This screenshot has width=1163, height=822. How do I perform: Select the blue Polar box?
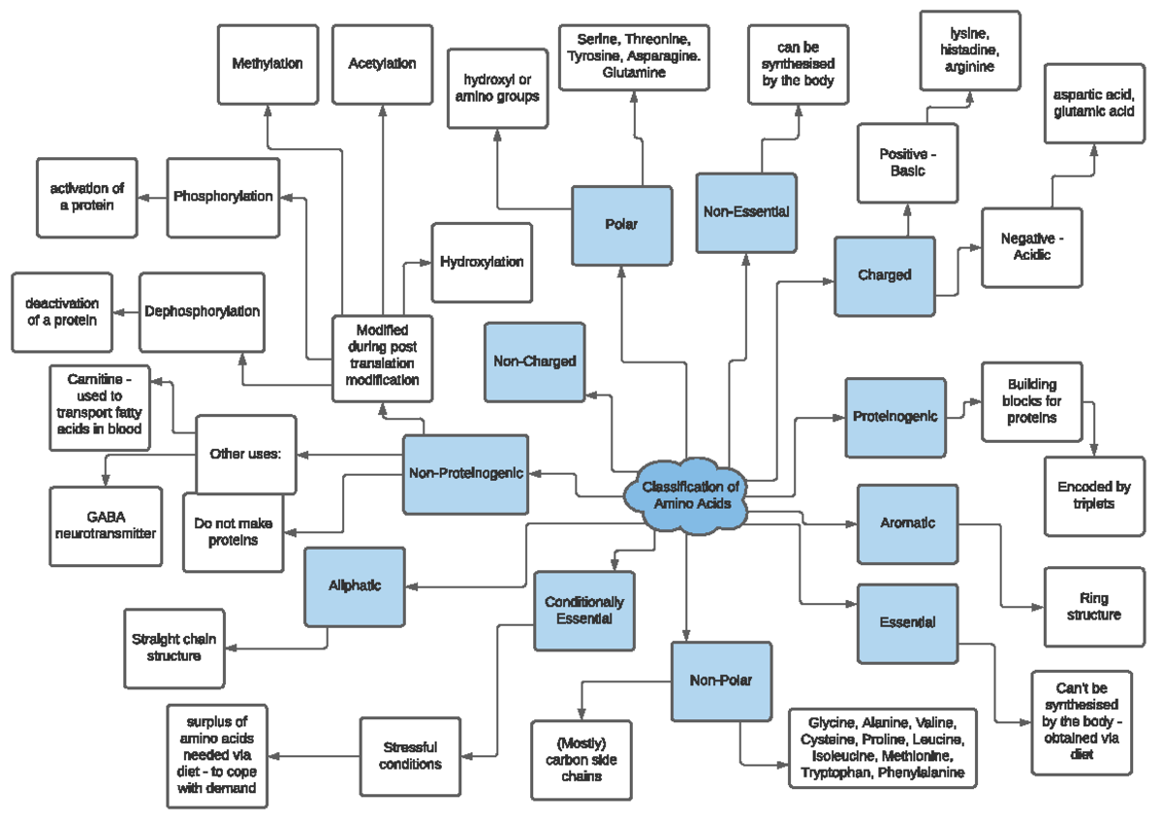621,225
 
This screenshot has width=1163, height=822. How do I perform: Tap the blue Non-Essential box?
746,211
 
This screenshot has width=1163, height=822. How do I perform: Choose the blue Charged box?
885,275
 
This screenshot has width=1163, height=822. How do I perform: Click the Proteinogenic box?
895,417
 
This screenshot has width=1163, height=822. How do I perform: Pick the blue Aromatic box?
907,523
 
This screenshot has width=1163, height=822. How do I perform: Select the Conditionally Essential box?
583,611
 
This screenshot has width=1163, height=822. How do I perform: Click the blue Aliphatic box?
354,586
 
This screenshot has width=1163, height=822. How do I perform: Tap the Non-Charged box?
534,362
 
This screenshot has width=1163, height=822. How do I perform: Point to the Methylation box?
267,64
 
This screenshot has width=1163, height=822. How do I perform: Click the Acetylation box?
382,64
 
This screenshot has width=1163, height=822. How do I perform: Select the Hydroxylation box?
482,263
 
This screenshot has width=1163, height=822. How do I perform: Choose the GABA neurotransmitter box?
106,525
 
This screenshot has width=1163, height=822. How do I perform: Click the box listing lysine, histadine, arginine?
970,50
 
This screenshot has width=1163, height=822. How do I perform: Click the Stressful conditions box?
410,755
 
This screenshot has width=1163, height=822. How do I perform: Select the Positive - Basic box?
908,163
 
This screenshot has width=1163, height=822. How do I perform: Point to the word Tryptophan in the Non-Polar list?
834,773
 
